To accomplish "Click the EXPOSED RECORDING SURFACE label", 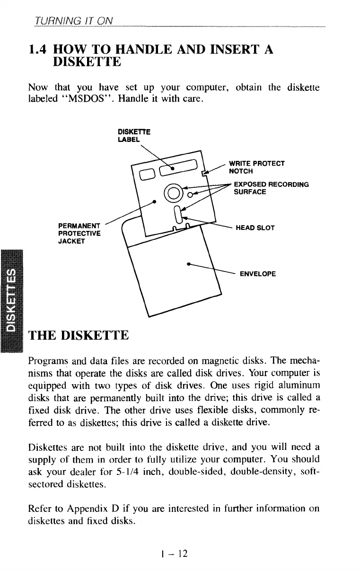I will tap(271, 188).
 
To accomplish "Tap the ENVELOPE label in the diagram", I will tap(258, 274).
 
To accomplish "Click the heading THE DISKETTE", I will tap(79, 336).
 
